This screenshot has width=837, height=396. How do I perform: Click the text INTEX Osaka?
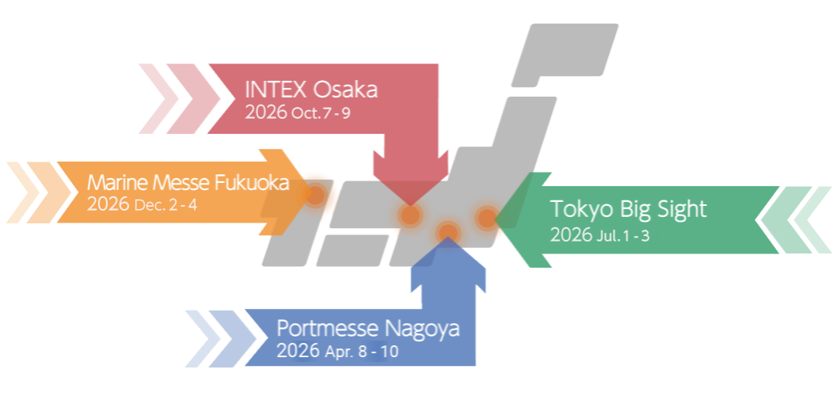(x=311, y=89)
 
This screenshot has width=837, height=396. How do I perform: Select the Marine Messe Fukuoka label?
(x=188, y=183)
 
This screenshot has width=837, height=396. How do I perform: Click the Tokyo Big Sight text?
(x=628, y=209)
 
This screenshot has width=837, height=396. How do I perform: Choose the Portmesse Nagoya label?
(x=367, y=328)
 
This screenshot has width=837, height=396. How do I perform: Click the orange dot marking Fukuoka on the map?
(x=315, y=194)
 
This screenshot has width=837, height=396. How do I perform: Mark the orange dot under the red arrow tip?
(x=409, y=215)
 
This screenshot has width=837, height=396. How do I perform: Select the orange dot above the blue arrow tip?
(x=448, y=231)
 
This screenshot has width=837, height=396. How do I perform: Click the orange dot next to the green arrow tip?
(x=486, y=216)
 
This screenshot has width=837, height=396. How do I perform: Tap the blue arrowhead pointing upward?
(x=448, y=265)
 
